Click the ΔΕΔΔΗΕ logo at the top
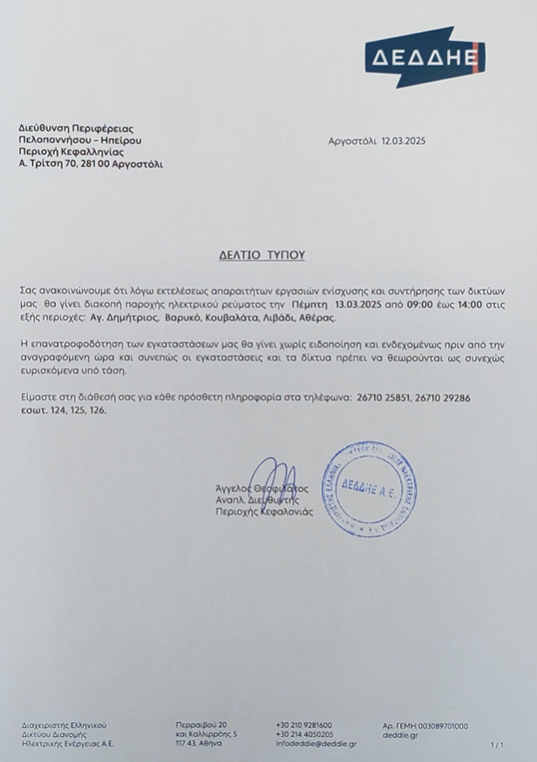click(423, 58)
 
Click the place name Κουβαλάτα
click(228, 320)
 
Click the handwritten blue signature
click(279, 492)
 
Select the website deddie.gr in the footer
click(395, 735)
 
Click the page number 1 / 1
click(498, 745)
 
